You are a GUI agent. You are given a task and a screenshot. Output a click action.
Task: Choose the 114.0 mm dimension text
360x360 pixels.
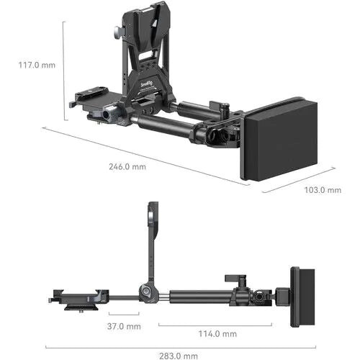click(217, 333)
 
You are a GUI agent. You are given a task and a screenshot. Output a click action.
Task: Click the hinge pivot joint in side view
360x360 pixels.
click(146, 293)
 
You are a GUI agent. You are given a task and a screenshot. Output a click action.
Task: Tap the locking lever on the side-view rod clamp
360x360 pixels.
click(232, 278)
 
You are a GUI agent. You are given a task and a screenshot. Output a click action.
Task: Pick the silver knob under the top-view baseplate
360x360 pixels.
click(107, 114)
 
